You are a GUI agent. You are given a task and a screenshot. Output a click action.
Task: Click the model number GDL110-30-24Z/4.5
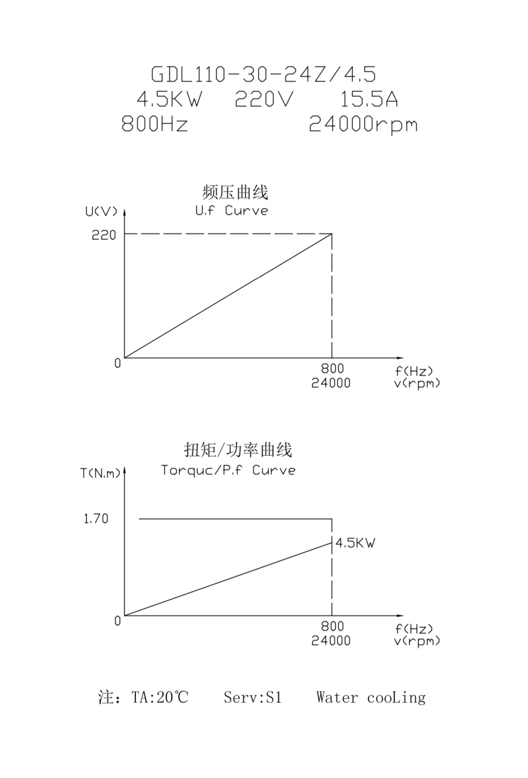(263, 74)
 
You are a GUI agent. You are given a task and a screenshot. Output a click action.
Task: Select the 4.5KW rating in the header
(169, 100)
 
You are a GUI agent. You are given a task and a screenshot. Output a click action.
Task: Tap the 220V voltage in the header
(264, 100)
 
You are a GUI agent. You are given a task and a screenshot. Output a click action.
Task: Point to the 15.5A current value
(369, 100)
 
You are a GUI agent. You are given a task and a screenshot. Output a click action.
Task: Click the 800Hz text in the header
(154, 125)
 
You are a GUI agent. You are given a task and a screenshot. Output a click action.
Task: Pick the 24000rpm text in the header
(363, 125)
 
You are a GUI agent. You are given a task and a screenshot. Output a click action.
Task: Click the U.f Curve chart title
(232, 211)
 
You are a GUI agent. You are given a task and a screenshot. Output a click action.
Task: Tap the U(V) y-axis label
(101, 211)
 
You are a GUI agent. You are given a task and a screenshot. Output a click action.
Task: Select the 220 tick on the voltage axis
(104, 235)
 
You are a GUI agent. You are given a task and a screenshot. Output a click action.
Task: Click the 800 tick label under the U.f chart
(332, 369)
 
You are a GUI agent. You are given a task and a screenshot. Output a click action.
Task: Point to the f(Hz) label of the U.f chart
(414, 371)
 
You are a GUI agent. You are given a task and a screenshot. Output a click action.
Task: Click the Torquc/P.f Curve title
(228, 470)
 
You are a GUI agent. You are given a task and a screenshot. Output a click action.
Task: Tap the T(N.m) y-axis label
(101, 473)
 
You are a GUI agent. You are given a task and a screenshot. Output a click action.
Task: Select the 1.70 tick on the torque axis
(96, 519)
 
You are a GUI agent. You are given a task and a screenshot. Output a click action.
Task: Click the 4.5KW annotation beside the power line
(355, 543)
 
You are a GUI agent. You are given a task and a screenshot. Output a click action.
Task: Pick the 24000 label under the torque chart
(331, 641)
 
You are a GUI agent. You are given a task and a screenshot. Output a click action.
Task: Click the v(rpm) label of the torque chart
(417, 641)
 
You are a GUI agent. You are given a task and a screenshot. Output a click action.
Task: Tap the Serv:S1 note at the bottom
(253, 697)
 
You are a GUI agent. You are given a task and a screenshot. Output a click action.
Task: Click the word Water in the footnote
(337, 697)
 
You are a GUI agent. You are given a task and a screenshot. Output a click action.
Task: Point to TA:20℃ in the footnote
(160, 697)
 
